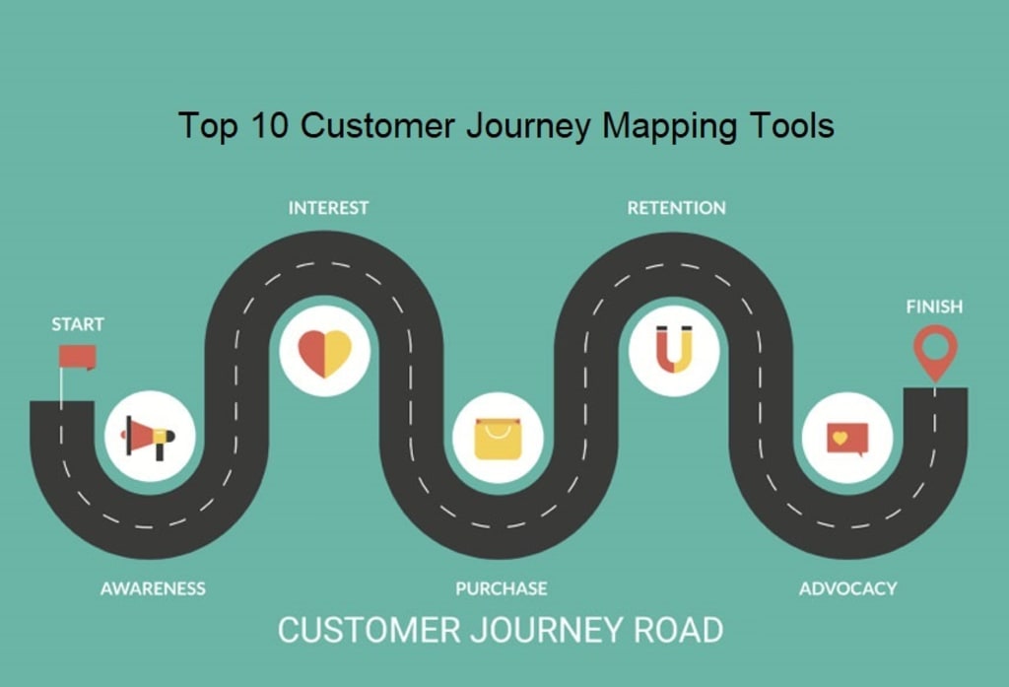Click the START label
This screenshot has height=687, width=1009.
[x=78, y=324]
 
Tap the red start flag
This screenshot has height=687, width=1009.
[x=77, y=356]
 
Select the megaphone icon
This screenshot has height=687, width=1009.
[x=149, y=436]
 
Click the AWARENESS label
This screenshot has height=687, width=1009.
[x=153, y=588]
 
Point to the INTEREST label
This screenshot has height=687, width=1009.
[x=328, y=208]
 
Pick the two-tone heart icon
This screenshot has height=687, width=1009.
[x=324, y=352]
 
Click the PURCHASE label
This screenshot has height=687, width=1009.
[x=501, y=588]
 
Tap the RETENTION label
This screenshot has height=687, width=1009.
[x=676, y=208]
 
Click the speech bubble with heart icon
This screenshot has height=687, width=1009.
[x=847, y=438]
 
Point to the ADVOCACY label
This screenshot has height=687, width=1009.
[x=847, y=588]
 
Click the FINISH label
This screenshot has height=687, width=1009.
[x=934, y=307]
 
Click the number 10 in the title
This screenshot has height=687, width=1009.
[x=266, y=126]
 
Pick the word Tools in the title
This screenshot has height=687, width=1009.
[x=790, y=126]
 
